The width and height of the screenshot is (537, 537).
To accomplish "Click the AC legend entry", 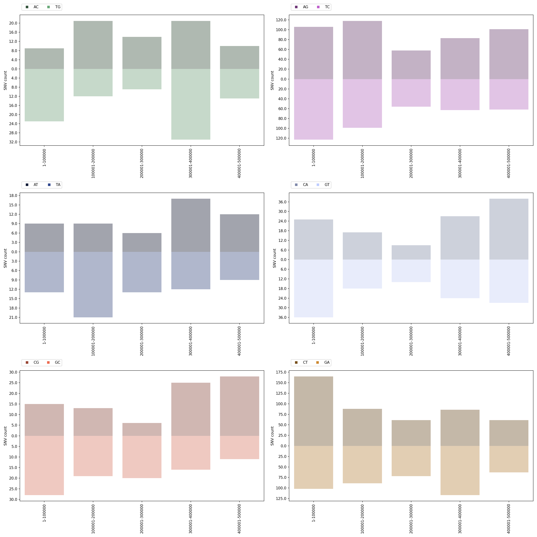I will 33,7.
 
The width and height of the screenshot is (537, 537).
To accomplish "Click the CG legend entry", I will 33,362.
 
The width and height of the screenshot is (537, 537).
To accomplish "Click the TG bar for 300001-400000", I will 191,104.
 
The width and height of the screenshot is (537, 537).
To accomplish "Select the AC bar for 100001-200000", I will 93,45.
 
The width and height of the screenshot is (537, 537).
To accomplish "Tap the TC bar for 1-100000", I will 314,109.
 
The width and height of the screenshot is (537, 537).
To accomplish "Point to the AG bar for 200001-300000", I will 411,65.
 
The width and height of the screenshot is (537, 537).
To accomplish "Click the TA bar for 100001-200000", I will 93,284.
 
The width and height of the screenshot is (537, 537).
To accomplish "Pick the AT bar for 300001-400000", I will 191,225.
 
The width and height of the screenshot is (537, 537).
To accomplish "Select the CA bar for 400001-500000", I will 509,229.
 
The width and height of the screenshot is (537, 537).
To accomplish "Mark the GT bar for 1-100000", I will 314,288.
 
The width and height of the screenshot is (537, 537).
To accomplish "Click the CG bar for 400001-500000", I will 240,406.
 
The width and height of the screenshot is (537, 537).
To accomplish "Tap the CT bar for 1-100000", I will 314,411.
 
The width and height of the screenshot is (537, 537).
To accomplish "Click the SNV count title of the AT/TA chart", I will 5,258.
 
